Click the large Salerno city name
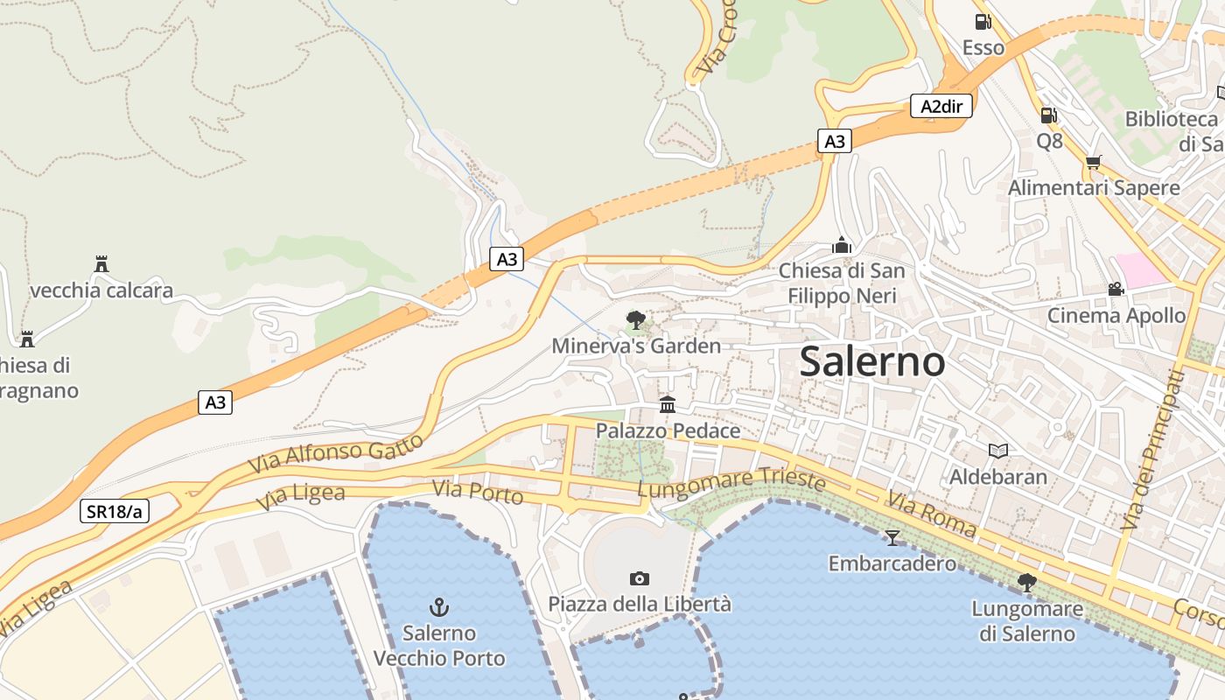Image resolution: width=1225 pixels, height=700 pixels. (872, 361)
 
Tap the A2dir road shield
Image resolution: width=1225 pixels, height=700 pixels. (941, 107)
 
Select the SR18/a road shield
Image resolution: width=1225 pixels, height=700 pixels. (115, 511)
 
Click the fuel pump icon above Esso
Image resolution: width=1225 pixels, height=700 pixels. (983, 22)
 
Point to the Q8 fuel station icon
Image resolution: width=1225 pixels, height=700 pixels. (1048, 115)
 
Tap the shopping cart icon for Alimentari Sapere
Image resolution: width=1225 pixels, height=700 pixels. (1093, 162)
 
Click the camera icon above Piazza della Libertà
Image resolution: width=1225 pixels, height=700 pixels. (640, 577)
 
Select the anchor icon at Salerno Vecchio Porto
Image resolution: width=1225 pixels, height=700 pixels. (439, 606)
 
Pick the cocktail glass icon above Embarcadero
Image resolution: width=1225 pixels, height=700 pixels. (892, 537)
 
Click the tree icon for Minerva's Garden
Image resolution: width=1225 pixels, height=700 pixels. (636, 320)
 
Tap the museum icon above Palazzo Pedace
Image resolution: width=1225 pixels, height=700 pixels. (668, 404)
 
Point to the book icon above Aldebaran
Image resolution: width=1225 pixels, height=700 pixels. (998, 451)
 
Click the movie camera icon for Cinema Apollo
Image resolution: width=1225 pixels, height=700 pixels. (1116, 289)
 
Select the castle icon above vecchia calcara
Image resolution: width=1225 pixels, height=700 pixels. (101, 263)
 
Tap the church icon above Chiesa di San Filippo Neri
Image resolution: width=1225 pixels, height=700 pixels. (842, 245)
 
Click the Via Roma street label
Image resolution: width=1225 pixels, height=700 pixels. (931, 514)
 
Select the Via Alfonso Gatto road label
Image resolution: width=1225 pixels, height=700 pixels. (336, 453)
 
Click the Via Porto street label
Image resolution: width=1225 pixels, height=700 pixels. (478, 493)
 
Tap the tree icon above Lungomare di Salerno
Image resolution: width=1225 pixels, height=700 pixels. (1027, 582)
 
